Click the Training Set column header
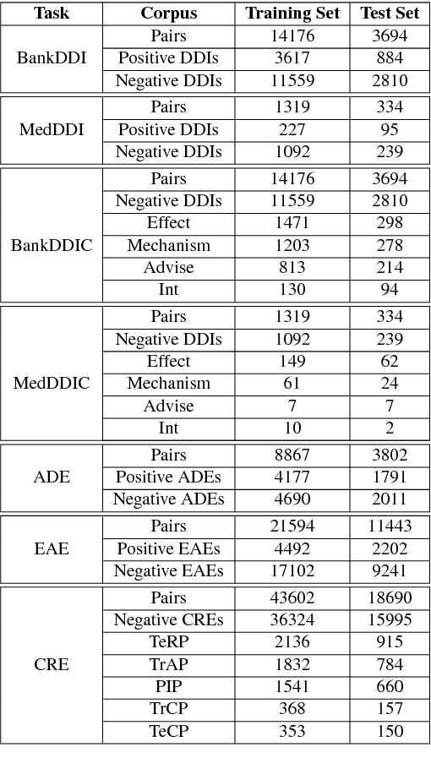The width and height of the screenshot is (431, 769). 292,14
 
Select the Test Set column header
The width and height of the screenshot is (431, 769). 390,14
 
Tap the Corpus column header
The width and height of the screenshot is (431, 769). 169,14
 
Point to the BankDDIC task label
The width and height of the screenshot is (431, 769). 52,246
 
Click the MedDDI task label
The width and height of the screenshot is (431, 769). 52,130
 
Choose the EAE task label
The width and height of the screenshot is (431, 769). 52,549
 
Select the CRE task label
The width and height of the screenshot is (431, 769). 52,665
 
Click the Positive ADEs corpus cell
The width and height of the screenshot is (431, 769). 169,477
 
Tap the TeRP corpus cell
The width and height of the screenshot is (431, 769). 169,643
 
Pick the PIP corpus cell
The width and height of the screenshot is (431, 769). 169,687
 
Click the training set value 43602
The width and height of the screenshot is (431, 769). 292,598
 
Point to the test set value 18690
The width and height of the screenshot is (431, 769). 390,598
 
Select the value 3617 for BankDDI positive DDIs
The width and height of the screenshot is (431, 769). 292,59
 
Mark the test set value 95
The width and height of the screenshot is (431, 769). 390,130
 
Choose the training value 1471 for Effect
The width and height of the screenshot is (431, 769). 292,223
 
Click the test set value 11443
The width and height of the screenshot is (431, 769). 390,526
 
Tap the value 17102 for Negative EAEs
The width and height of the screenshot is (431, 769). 292,571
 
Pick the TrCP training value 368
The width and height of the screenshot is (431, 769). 292,710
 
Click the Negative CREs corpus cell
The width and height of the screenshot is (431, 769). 169,621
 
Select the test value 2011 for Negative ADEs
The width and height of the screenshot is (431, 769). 390,499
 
